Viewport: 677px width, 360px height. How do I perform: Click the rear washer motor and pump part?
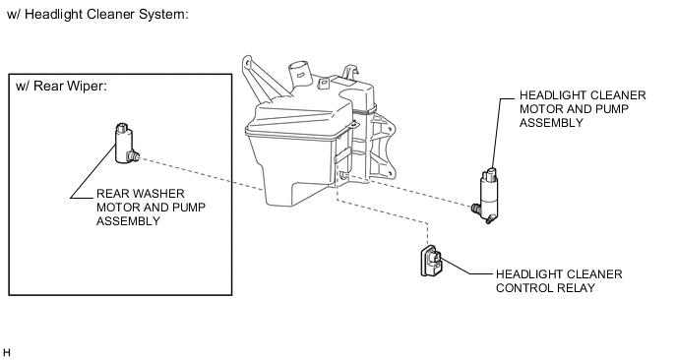tap(125, 144)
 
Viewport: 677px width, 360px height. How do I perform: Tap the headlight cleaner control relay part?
tap(431, 261)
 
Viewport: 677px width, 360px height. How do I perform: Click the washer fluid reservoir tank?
tap(320, 134)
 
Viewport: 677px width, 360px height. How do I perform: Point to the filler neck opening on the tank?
tap(299, 68)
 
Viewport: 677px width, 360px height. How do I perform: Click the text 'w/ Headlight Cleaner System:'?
tap(98, 14)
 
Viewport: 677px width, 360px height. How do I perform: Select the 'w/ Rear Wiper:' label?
tap(61, 86)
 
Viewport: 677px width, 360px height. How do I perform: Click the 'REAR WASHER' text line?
tap(141, 194)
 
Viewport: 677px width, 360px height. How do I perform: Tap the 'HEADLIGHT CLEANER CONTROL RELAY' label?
tap(559, 281)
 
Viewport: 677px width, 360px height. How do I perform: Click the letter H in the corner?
tap(6, 353)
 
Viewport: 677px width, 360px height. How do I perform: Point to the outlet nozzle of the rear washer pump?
tap(134, 155)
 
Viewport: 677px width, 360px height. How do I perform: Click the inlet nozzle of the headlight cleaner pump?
tap(476, 209)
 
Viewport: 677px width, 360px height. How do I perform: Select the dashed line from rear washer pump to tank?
tap(202, 174)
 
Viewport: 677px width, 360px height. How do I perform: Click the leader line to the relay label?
tap(467, 267)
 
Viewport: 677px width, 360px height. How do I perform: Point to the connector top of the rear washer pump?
tap(122, 128)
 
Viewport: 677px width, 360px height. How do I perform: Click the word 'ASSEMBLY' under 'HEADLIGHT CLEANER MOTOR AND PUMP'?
tap(551, 123)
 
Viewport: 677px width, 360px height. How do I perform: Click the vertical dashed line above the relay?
tap(427, 234)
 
